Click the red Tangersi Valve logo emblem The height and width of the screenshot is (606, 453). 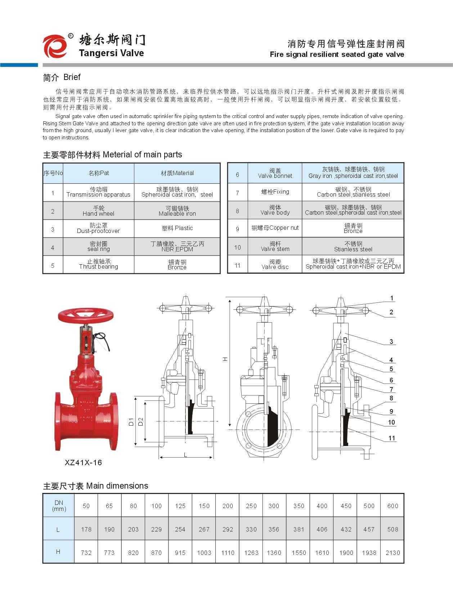55,46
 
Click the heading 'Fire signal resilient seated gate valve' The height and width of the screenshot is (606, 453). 337,54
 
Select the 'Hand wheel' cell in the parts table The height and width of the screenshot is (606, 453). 98,211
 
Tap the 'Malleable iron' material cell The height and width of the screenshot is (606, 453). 177,211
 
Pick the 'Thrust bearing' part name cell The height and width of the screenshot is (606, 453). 98,264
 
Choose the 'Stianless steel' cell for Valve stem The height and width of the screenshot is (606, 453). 353,247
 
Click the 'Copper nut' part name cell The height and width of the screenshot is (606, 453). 275,228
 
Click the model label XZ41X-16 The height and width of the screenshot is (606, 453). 83,462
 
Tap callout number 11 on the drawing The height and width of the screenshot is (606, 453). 392,438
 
